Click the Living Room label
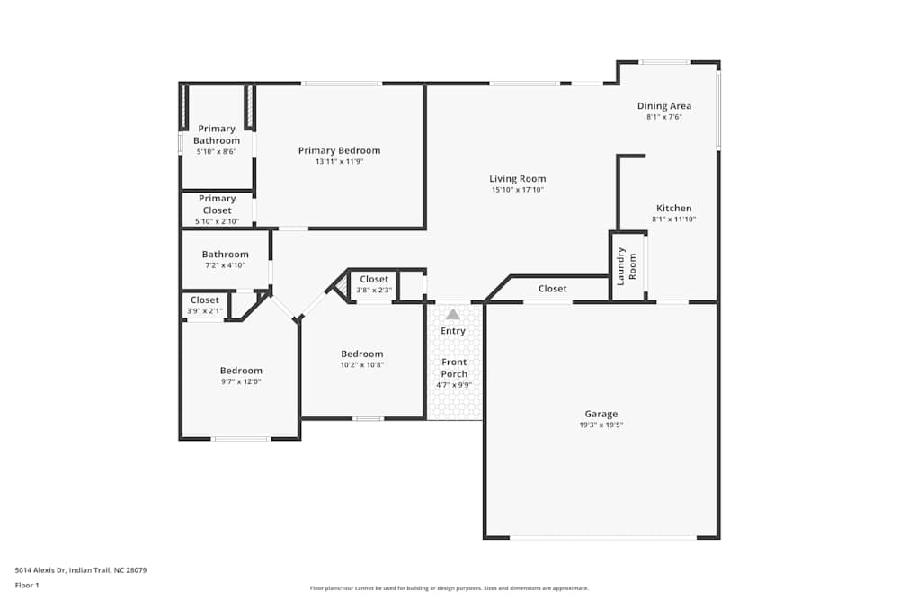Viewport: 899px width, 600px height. pos(517,178)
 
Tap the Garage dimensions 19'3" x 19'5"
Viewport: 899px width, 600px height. pos(601,425)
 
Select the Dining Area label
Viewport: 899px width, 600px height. pos(664,105)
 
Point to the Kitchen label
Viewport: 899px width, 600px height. pos(673,208)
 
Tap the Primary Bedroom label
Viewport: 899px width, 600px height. pos(339,150)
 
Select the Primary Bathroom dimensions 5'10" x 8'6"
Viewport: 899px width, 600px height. pos(218,152)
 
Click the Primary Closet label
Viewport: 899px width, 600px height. pos(217,204)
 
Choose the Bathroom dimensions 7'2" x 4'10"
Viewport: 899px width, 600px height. pos(225,265)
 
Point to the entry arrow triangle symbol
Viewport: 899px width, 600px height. pos(453,315)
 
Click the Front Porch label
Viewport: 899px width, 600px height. pos(453,368)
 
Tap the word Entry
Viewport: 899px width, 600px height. pos(453,331)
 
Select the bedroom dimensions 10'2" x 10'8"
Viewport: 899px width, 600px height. pos(361,364)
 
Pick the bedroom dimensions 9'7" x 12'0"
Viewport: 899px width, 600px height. pos(241,381)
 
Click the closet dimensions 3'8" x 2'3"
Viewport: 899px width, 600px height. pos(374,290)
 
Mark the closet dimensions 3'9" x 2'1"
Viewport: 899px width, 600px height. pos(204,311)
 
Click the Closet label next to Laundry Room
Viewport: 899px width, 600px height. pos(552,289)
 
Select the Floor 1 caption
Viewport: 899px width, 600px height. pos(27,585)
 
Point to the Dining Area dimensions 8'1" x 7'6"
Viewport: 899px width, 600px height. pos(664,117)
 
